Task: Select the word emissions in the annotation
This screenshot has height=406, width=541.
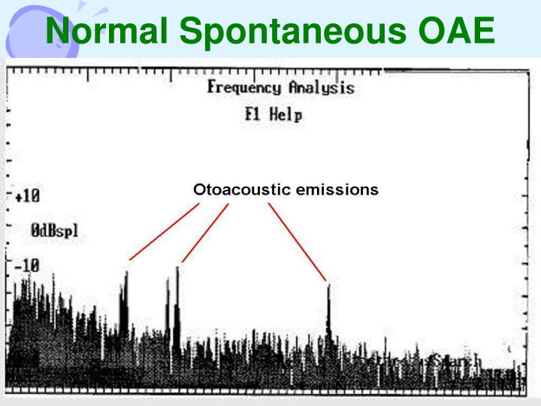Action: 337,189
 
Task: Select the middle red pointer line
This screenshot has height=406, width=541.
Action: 204,232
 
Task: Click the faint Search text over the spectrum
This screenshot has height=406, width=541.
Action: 456,363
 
